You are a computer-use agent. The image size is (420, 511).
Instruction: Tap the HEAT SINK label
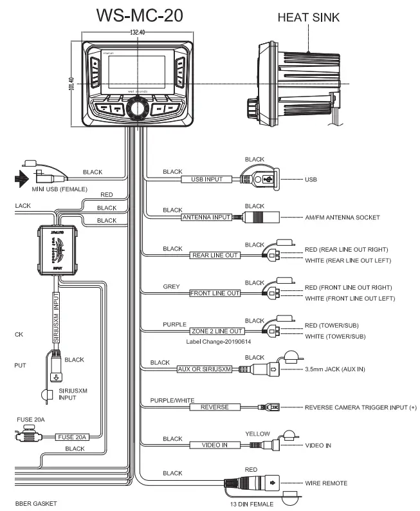[x=308, y=17]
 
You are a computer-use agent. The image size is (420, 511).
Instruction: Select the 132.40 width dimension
[x=137, y=32]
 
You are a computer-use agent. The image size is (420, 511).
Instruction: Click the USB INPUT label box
[x=206, y=179]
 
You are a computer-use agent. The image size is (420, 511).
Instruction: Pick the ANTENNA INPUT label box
[x=206, y=218]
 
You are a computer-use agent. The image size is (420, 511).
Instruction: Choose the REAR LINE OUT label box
[x=215, y=256]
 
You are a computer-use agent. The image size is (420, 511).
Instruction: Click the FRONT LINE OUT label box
[x=215, y=293]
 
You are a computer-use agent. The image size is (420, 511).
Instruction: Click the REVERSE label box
[x=215, y=407]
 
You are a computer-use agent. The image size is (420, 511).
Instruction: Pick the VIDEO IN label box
[x=215, y=445]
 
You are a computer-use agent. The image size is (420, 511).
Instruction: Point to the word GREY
[x=172, y=286]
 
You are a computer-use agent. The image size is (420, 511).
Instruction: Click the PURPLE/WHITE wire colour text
[x=172, y=400]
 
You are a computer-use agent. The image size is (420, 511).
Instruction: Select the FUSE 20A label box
[x=71, y=437]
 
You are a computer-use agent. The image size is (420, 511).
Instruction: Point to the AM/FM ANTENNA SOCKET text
[x=342, y=218]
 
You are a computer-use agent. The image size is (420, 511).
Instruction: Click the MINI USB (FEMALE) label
[x=59, y=189]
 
